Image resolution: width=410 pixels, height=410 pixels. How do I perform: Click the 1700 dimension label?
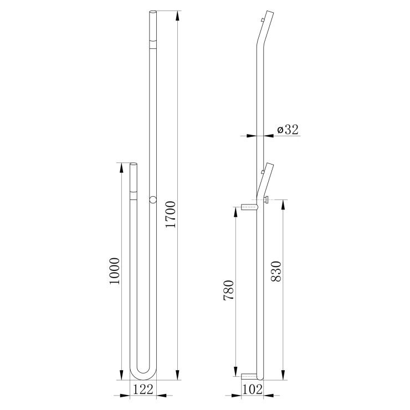171,214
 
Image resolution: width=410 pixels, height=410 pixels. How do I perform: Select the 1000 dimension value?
115,271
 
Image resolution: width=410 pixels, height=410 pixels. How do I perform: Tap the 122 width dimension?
143,389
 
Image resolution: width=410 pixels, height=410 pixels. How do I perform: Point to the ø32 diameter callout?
288,130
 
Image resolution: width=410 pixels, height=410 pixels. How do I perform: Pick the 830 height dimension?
276,271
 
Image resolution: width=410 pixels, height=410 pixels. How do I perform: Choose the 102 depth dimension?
252,389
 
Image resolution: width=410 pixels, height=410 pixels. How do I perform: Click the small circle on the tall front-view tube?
153,200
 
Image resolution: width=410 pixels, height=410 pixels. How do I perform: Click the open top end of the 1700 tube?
153,12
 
